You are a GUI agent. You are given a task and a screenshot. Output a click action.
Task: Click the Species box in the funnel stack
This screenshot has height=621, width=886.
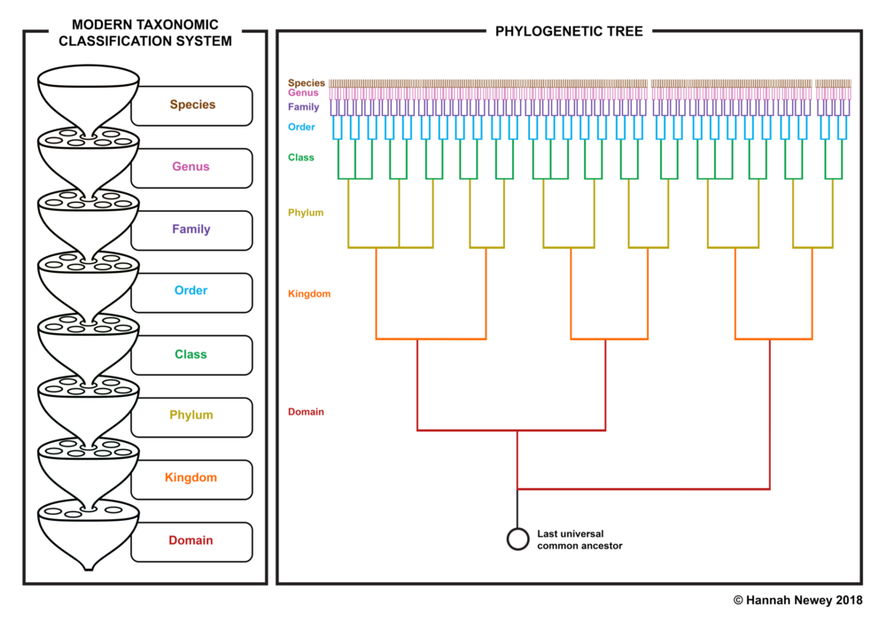point(192,105)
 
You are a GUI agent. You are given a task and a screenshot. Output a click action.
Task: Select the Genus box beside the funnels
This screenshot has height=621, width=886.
point(192,167)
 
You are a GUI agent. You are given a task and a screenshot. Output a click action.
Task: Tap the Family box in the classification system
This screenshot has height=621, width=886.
point(192,230)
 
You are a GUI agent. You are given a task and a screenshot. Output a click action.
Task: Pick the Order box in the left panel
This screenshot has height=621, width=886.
point(192,292)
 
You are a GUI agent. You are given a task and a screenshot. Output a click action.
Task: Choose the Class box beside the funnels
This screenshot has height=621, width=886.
point(192,355)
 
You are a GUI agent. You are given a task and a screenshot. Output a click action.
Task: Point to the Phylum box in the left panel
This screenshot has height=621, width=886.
point(192,417)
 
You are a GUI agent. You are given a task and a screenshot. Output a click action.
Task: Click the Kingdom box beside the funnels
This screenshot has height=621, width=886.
point(192,479)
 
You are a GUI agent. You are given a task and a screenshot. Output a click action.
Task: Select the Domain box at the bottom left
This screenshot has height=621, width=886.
point(192,541)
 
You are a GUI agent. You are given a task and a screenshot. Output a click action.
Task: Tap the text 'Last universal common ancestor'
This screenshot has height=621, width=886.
point(579,539)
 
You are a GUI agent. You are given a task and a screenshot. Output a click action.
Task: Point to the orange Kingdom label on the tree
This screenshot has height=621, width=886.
point(309,294)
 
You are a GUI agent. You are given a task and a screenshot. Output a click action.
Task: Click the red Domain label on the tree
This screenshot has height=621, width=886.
point(306,412)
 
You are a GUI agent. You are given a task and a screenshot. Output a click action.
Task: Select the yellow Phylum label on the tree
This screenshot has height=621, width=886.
point(306,213)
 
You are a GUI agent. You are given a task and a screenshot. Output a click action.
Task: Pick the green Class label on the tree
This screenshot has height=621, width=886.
point(300,158)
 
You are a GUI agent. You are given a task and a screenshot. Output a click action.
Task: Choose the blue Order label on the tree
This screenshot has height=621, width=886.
point(301,128)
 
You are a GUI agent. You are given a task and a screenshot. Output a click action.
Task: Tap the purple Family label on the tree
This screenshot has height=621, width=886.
point(303,107)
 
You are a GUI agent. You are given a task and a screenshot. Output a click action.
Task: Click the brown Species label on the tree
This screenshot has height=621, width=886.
point(307,83)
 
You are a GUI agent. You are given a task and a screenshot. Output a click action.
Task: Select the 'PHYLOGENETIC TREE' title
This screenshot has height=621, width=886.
point(569,32)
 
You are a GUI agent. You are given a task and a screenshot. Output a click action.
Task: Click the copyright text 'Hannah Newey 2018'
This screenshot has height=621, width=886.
point(804,600)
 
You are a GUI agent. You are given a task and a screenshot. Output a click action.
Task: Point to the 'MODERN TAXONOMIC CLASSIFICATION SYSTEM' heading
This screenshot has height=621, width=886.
point(145,33)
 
